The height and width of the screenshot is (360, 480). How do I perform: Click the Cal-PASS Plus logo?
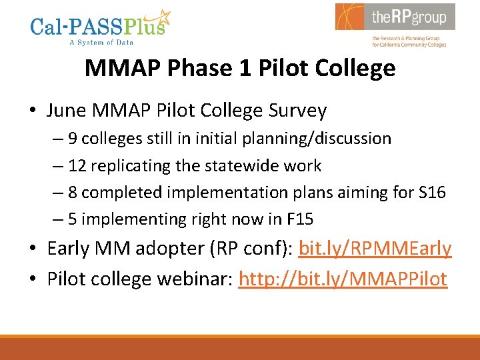coord(100,27)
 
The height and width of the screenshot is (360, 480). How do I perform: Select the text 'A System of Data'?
coord(101,43)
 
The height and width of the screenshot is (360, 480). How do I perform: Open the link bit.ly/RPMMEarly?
coord(375,249)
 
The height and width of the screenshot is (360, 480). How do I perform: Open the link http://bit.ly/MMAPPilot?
coord(343,278)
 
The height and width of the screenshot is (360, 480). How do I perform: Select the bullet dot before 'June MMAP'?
coord(33,111)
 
